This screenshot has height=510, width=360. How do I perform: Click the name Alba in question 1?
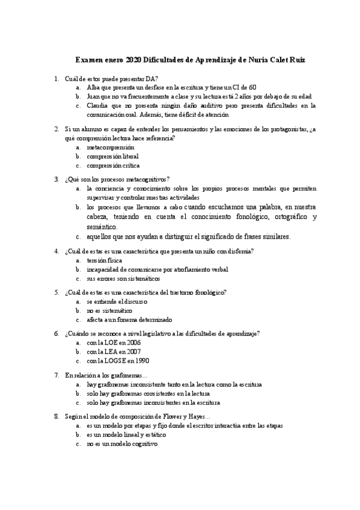pos(94,87)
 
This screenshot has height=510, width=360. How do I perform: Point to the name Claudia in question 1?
pos(99,105)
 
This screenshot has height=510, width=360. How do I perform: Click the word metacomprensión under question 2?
pos(111,147)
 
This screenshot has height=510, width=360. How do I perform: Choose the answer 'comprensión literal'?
pos(112,156)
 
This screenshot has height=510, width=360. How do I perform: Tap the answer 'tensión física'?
pos(104,260)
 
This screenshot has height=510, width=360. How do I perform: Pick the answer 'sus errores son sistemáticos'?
pos(123,278)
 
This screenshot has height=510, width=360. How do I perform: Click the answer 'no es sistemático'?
pos(109,310)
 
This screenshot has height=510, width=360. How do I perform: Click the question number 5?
pos(56,292)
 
